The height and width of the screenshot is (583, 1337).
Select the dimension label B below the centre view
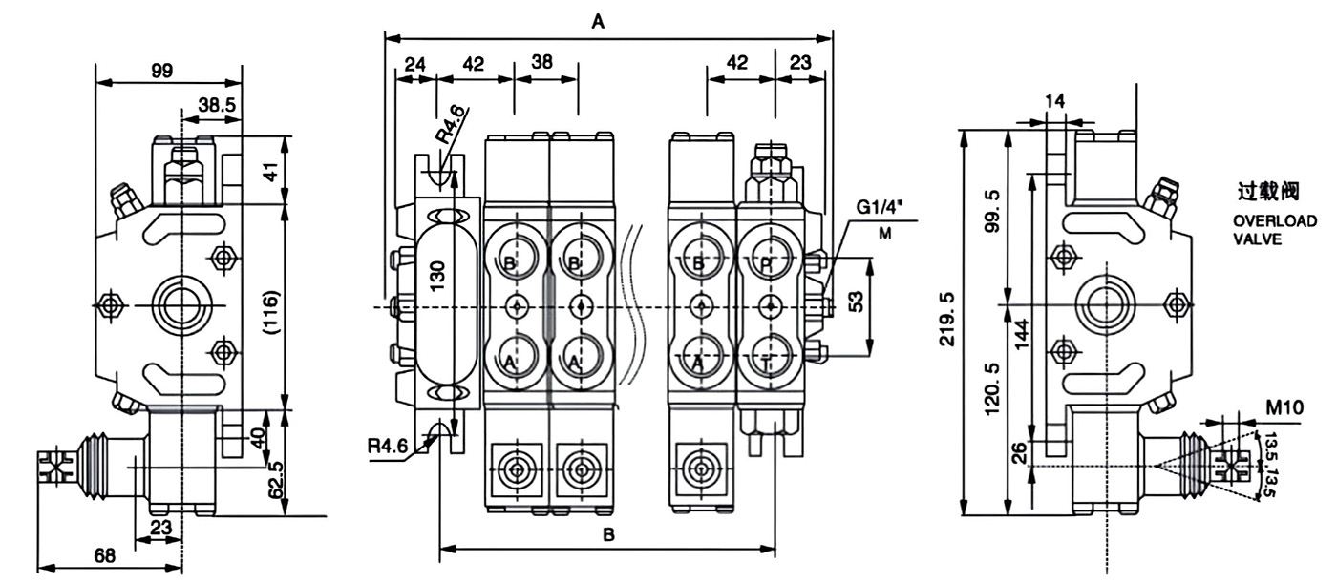click(608, 535)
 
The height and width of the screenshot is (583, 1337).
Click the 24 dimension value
click(414, 65)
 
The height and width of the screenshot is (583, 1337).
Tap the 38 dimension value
click(541, 63)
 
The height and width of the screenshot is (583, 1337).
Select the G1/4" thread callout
click(878, 207)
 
